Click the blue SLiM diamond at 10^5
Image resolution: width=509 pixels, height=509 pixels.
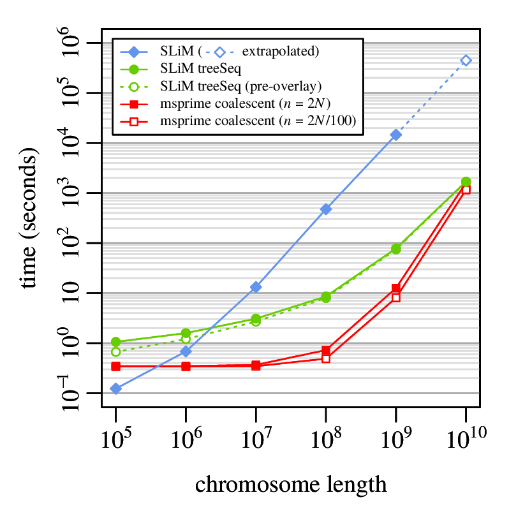pos(116,388)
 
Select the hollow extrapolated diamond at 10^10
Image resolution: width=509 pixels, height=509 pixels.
pos(466,61)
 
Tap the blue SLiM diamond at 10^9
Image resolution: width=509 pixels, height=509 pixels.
pos(395,135)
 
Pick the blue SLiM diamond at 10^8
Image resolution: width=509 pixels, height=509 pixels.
pos(326,209)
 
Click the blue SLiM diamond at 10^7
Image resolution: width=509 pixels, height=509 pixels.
pos(256,287)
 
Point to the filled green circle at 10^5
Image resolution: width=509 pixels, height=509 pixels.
pos(116,342)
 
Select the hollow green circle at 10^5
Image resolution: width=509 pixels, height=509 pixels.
pos(116,351)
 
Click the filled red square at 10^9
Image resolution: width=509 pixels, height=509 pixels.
pos(395,288)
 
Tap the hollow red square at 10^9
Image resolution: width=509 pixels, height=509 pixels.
pos(395,297)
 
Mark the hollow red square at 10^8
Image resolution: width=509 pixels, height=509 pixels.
pos(326,358)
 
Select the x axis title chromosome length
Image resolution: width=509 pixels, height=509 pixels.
pos(291,484)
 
